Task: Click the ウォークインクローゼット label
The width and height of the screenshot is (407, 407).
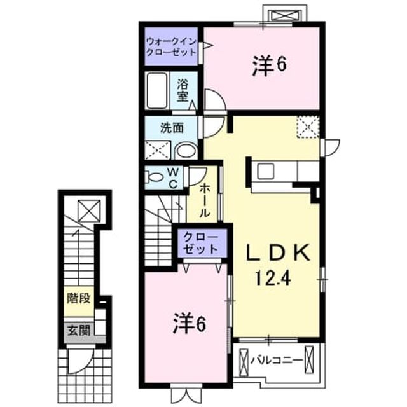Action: tap(171, 46)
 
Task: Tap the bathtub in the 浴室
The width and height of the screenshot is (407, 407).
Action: tap(157, 90)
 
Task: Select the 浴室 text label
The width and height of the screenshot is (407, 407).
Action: tap(183, 90)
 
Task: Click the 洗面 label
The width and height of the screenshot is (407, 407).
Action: tap(172, 128)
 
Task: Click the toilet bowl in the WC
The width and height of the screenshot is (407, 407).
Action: tap(155, 177)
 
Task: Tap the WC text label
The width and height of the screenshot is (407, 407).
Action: tap(173, 178)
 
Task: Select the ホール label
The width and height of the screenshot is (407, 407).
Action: tap(205, 201)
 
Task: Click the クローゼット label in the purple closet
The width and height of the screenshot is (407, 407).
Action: tap(200, 244)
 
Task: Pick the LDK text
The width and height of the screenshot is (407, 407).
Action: tap(278, 252)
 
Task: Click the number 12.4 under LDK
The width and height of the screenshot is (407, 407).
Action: tap(273, 277)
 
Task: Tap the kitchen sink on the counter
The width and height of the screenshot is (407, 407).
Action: tap(265, 171)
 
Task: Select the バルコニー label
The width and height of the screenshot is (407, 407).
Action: tap(277, 361)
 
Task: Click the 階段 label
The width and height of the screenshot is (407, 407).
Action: tap(79, 298)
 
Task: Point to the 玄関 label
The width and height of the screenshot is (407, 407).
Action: tap(79, 330)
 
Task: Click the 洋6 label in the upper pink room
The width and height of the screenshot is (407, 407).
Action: tap(269, 66)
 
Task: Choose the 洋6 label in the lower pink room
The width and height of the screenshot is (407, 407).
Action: tap(190, 324)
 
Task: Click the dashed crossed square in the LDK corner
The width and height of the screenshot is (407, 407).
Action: tap(308, 127)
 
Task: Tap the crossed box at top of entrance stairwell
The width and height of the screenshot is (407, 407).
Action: tap(89, 210)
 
